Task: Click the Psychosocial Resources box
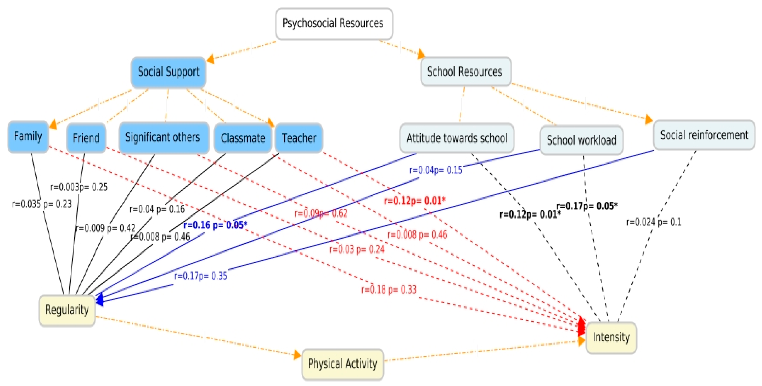point(334,23)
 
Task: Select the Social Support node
point(168,72)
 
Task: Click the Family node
point(28,137)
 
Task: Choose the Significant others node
point(164,137)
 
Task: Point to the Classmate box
point(243,138)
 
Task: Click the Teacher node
point(299,138)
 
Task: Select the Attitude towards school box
point(456,138)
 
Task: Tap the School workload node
point(581,140)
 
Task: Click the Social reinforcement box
point(704,135)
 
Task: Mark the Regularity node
point(67,310)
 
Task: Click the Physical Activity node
point(343,364)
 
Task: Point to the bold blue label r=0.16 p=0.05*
point(215,225)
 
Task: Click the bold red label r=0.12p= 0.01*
point(414,201)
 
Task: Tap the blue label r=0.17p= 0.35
point(200,276)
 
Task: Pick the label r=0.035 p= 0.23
point(42,204)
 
